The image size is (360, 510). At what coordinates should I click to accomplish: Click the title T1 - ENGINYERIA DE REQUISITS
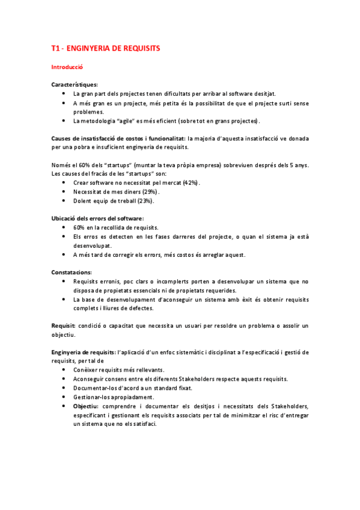105,48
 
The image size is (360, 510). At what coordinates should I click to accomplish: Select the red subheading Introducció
67,67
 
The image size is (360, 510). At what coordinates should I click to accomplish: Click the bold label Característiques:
75,85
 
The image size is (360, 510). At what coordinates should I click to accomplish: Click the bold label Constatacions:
71,272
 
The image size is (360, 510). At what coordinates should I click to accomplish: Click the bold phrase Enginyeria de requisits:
84,352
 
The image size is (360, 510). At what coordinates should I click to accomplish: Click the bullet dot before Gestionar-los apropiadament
64,397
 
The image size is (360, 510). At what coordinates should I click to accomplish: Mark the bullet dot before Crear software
64,182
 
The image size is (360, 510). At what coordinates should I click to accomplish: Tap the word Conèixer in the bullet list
85,370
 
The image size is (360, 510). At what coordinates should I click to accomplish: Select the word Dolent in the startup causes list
83,200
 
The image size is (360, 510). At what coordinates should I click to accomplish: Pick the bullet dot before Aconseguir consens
64,379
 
